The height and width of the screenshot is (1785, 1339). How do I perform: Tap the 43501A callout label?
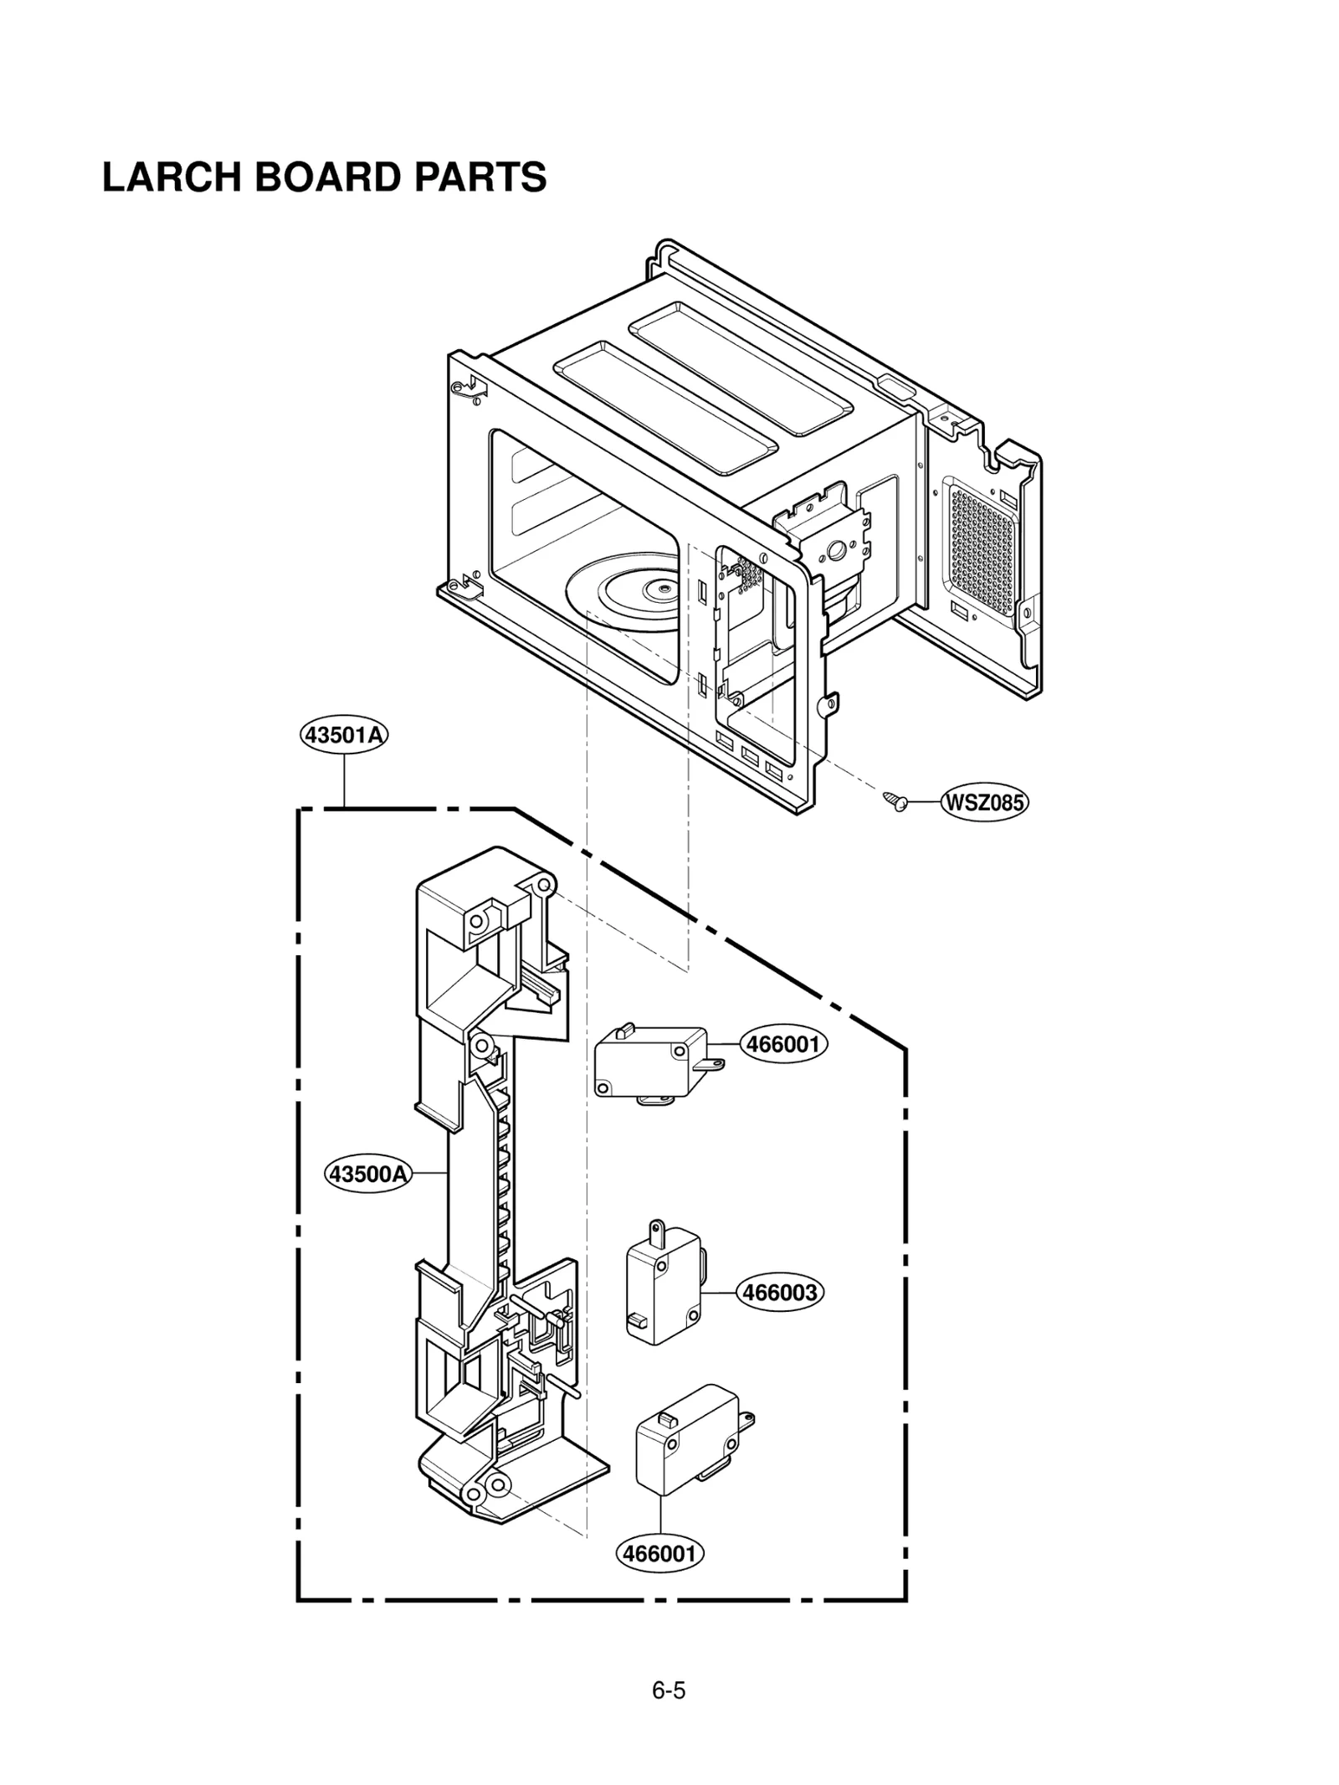tap(344, 735)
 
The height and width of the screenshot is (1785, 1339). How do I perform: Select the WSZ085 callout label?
tap(984, 802)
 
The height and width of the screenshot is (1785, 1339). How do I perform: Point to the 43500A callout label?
tap(368, 1173)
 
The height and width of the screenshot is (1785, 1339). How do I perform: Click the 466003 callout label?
tap(780, 1292)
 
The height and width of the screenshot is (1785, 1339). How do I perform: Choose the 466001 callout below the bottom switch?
tap(660, 1553)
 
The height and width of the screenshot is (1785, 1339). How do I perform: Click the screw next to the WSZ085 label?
tap(896, 801)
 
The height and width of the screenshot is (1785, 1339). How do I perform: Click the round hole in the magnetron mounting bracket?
tap(835, 550)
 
